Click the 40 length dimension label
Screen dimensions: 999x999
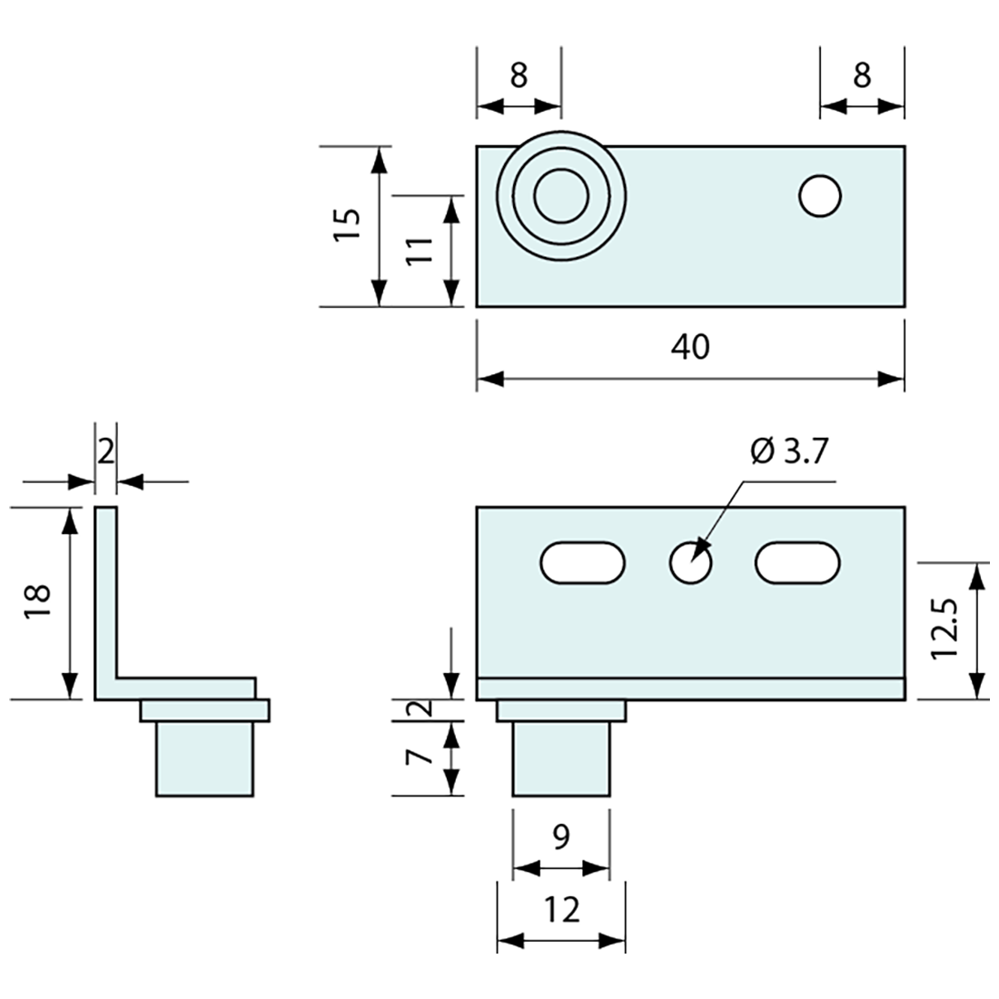690,346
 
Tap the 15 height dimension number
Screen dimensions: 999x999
347,224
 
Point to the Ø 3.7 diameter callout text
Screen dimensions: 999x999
790,451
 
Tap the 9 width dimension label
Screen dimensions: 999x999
560,836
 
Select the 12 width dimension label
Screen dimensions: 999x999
561,909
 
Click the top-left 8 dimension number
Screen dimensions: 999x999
518,75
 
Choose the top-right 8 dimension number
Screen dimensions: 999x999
861,75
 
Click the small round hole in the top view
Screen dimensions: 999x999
820,196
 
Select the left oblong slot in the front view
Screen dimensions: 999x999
583,563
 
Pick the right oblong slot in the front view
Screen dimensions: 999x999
797,563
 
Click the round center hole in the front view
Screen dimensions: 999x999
690,564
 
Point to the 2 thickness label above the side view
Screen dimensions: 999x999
105,451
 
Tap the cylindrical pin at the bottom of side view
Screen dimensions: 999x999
204,758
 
